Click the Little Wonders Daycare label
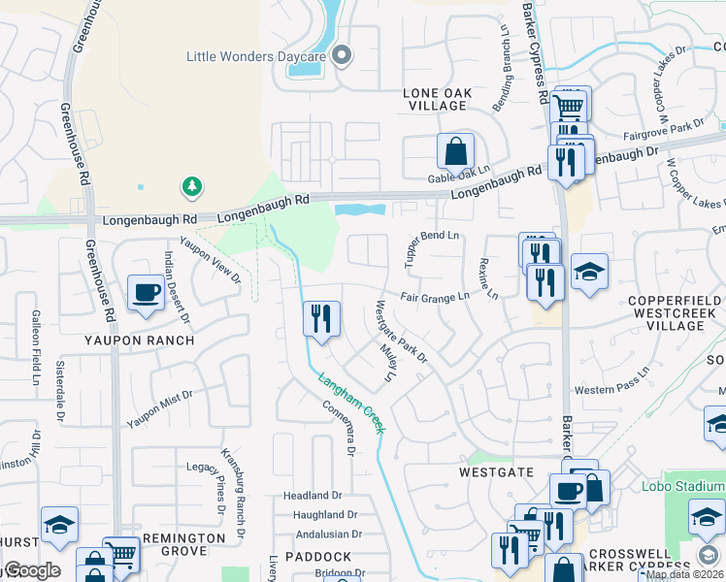click(255, 56)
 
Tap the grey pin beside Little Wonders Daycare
click(341, 56)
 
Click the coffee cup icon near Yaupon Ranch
click(147, 292)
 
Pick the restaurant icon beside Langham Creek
click(321, 318)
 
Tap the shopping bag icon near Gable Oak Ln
click(455, 151)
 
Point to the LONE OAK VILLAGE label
click(437, 100)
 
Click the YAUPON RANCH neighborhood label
click(139, 340)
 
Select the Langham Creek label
click(347, 398)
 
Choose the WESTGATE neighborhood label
click(496, 470)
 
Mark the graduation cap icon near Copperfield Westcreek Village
click(589, 271)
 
